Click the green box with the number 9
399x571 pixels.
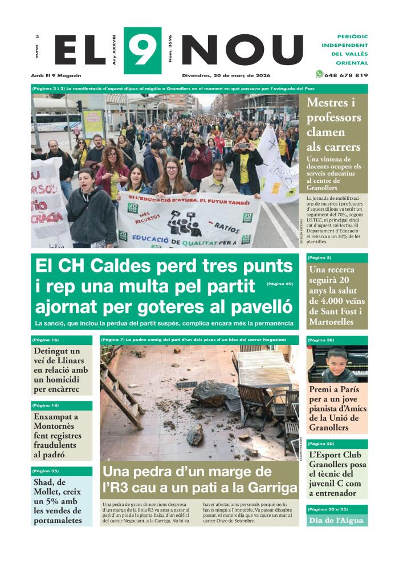pyautogui.click(x=142, y=50)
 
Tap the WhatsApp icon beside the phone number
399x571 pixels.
pyautogui.click(x=319, y=74)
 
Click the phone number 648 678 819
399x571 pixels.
pyautogui.click(x=346, y=75)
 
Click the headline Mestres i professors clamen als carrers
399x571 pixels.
pyautogui.click(x=333, y=124)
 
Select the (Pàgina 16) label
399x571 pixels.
pyautogui.click(x=46, y=340)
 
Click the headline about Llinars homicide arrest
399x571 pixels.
pyautogui.click(x=61, y=370)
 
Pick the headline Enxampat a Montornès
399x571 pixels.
pyautogui.click(x=57, y=436)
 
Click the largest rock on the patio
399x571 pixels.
pyautogui.click(x=214, y=393)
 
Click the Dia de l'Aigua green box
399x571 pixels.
pyautogui.click(x=336, y=520)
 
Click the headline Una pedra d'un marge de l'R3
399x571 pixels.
pyautogui.click(x=199, y=480)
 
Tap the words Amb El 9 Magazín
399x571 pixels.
pyautogui.click(x=56, y=75)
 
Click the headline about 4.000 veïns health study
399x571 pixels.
pyautogui.click(x=336, y=296)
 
